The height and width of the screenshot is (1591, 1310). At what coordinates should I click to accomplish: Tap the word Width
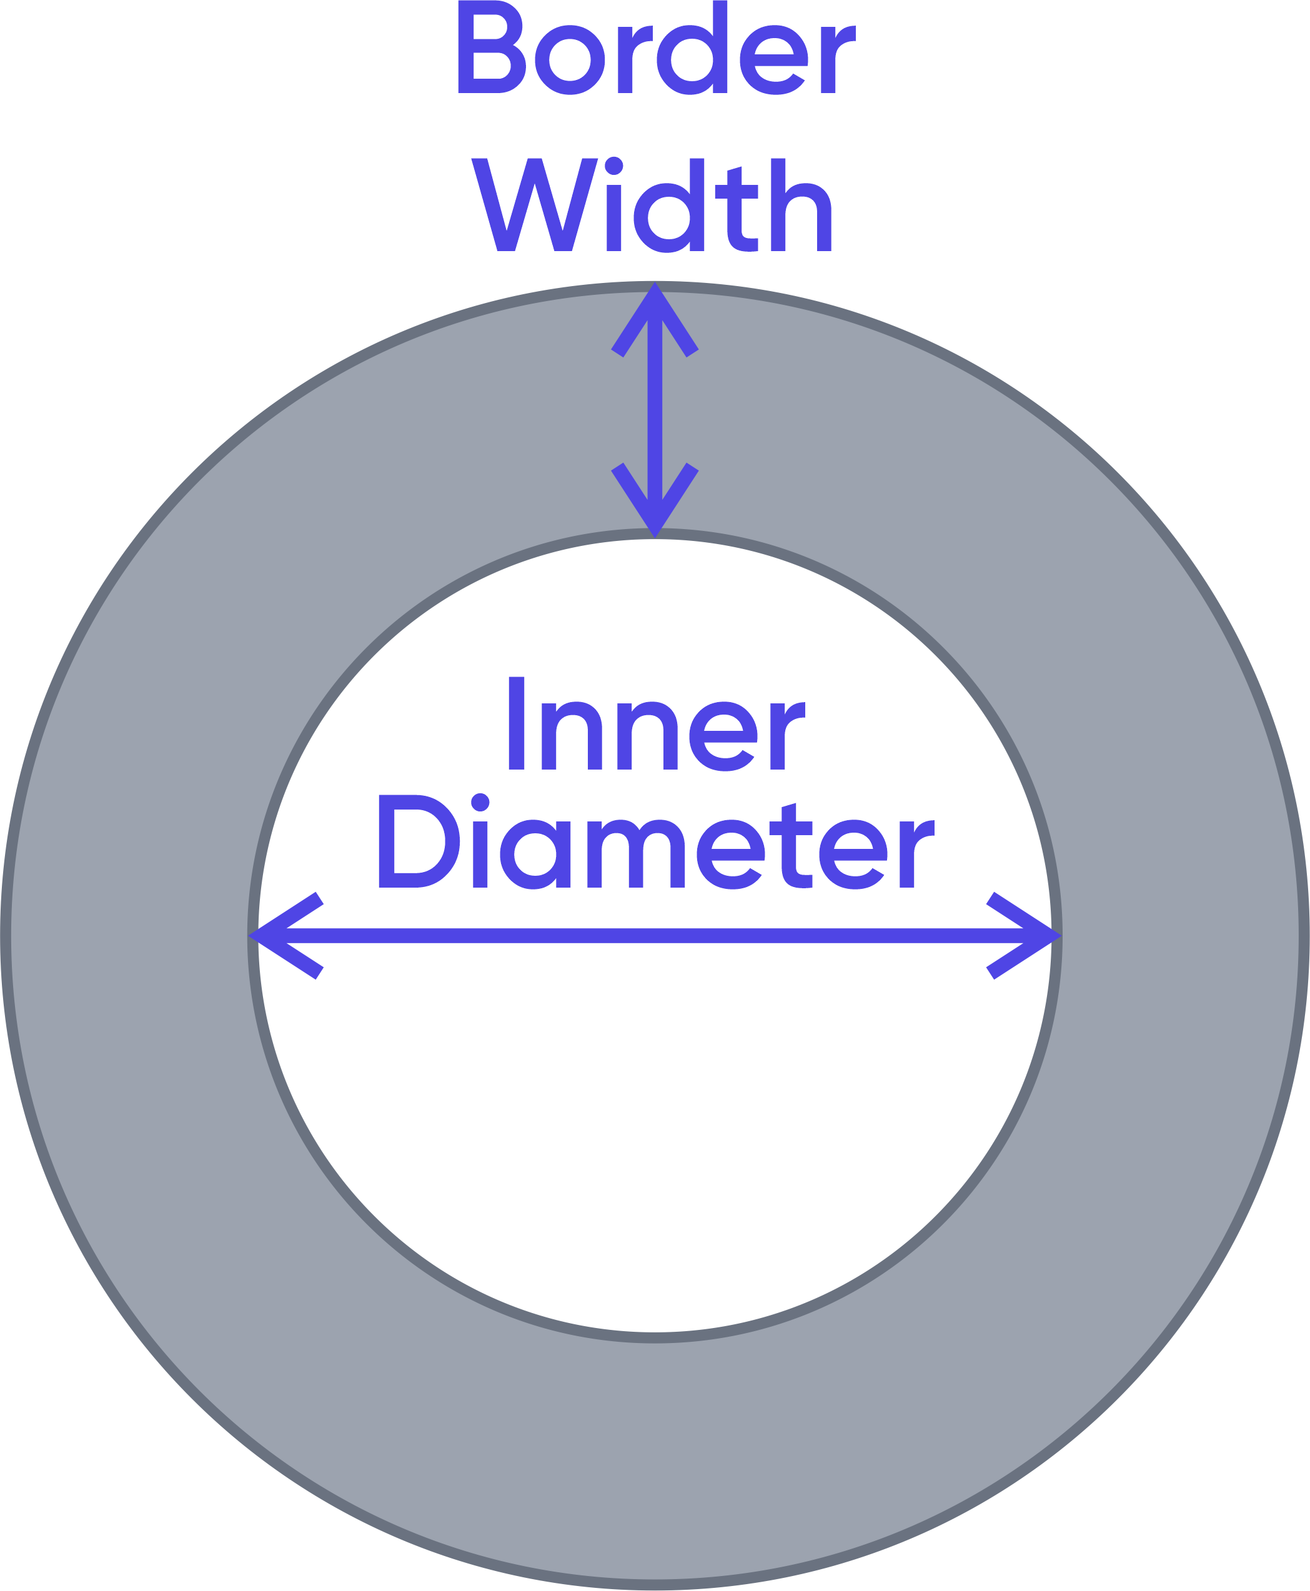pyautogui.click(x=653, y=205)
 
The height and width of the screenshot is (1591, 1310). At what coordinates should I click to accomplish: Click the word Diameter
pyautogui.click(x=655, y=842)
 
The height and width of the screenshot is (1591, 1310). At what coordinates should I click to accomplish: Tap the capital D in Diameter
pyautogui.click(x=417, y=842)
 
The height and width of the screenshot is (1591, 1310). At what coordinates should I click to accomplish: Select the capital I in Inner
pyautogui.click(x=516, y=723)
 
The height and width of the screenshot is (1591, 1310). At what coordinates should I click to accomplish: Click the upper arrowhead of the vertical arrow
pyautogui.click(x=655, y=309)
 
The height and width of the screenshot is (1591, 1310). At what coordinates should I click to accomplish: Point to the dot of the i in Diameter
pyautogui.click(x=480, y=801)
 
